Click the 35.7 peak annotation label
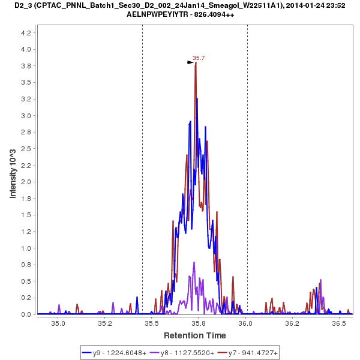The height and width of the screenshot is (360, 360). (x=199, y=58)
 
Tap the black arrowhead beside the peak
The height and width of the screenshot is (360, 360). (x=191, y=62)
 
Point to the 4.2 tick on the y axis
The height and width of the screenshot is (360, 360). (x=26, y=33)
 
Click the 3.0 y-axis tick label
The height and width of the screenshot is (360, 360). (x=26, y=116)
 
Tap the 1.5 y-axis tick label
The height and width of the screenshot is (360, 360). (x=26, y=215)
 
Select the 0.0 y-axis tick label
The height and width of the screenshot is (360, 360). (x=26, y=314)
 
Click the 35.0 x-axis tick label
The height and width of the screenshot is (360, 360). (x=58, y=323)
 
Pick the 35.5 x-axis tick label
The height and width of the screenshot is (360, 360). (x=152, y=323)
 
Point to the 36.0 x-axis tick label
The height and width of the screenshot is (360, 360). (x=245, y=323)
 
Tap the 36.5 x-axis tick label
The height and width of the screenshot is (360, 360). (x=339, y=323)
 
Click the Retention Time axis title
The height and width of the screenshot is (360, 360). (x=195, y=335)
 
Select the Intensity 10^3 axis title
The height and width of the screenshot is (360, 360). (x=13, y=174)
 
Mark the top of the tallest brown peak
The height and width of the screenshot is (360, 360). (x=196, y=63)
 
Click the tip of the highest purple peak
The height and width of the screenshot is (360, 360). (x=194, y=262)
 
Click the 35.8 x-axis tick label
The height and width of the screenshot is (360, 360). (x=199, y=323)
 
